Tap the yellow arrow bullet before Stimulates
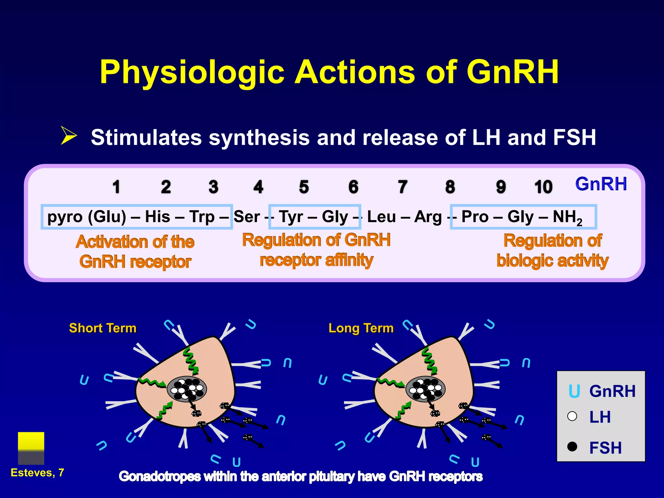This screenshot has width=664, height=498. pos(69,136)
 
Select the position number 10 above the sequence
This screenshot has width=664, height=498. pos(543,187)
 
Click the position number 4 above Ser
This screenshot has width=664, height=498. pos(258,187)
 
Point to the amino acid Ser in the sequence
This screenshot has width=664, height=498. pos(246,217)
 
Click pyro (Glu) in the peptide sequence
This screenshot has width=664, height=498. pos(87,217)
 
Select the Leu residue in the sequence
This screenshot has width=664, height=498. pos(381,217)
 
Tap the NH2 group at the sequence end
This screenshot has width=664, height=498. pos(567,217)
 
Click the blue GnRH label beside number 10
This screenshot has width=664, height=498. pos(601,184)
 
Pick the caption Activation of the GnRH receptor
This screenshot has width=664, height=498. pos(135,252)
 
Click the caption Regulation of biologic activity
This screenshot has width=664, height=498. pos(552,251)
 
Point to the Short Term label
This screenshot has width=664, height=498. pos(103,328)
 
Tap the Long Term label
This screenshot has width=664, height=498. pos(361,328)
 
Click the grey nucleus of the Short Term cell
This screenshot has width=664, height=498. pos(187,389)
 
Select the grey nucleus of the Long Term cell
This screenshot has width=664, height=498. pos(425,389)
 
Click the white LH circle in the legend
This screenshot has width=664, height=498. pos(572,416)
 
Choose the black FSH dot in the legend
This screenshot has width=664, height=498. pos(572,446)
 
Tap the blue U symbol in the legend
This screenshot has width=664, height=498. pos(574,391)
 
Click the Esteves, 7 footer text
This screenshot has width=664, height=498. pos(37,473)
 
